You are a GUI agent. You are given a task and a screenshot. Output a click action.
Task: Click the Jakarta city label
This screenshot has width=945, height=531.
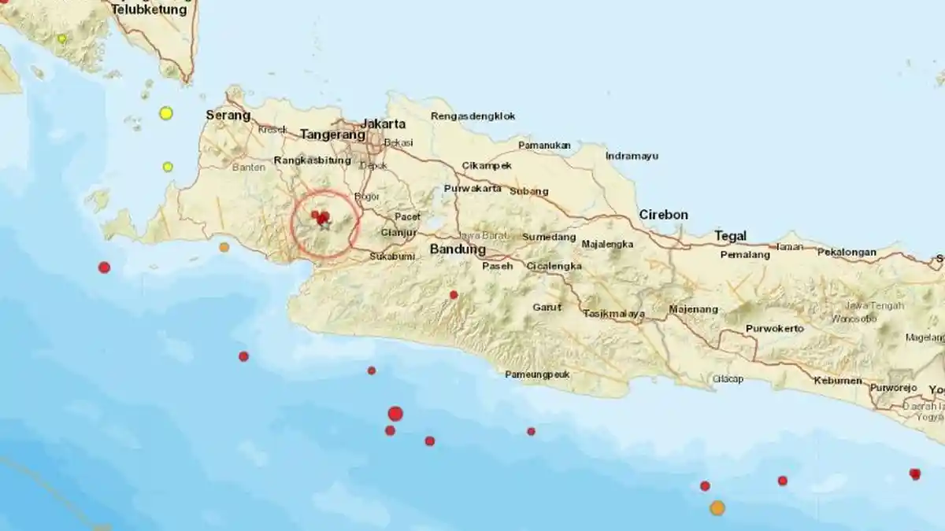click(383, 124)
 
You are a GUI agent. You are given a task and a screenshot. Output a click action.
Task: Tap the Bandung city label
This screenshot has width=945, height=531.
click(458, 249)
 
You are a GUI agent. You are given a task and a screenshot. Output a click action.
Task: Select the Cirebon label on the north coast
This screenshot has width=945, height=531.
click(663, 215)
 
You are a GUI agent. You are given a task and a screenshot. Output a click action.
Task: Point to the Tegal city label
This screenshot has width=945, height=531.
click(730, 235)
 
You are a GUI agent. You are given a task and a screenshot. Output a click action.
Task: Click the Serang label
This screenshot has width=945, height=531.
click(228, 116)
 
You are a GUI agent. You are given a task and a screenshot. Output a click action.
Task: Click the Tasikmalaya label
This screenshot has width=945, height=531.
click(614, 314)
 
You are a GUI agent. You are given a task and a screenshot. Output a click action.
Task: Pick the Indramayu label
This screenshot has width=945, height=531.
click(632, 156)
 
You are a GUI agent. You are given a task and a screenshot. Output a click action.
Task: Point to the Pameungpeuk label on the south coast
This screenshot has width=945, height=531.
click(537, 374)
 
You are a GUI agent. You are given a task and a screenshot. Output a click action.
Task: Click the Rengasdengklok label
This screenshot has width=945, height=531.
click(473, 116)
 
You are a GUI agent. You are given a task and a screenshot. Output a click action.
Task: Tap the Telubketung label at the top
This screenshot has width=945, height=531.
click(150, 10)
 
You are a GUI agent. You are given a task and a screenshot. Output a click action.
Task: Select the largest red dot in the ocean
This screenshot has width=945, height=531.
click(395, 414)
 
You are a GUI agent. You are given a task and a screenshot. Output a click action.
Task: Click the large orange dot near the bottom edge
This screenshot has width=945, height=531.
click(717, 508)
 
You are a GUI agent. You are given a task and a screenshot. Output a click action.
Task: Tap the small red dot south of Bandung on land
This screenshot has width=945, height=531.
click(454, 295)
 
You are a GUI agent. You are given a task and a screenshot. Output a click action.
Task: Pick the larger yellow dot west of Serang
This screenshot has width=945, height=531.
click(166, 113)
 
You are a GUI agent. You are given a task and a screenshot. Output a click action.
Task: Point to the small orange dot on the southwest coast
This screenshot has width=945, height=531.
click(224, 247)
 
